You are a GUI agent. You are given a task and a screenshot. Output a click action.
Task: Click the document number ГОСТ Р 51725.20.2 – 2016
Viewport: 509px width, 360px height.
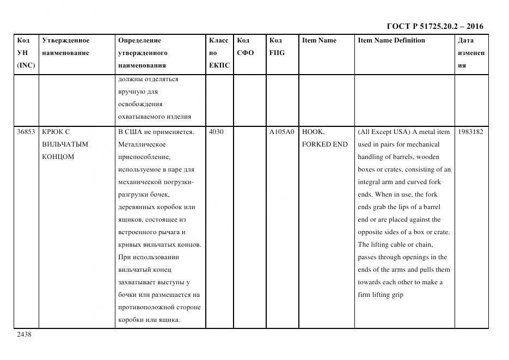tap(434, 27)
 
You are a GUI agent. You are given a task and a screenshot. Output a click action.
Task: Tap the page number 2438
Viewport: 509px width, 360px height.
tap(24, 334)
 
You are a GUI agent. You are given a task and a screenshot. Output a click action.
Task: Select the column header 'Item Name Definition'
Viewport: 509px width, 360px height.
tap(391, 40)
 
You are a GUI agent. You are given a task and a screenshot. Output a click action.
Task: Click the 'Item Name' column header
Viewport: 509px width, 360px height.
tap(319, 40)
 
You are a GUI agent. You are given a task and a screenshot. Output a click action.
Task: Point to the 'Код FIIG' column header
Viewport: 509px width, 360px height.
tap(277, 46)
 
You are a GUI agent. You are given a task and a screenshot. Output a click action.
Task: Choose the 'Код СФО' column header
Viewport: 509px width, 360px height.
tap(245, 46)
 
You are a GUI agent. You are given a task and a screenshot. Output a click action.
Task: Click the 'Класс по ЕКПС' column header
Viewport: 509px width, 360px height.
tap(219, 53)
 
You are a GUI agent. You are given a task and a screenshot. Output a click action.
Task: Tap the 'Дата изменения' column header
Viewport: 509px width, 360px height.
tap(470, 53)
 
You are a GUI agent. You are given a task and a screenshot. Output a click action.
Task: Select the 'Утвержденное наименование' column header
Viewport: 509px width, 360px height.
tap(65, 46)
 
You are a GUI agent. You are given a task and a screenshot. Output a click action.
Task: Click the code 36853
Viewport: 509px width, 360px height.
tap(26, 132)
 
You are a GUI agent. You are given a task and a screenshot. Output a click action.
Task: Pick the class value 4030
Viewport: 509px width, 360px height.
tap(217, 132)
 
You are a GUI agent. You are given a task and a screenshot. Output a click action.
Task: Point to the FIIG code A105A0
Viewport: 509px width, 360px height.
tap(281, 132)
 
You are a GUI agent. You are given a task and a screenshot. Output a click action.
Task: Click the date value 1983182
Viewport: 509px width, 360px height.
tap(470, 132)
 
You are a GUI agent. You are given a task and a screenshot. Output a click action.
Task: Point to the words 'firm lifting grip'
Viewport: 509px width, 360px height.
tap(381, 295)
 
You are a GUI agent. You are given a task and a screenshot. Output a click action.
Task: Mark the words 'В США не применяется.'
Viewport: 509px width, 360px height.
tap(156, 132)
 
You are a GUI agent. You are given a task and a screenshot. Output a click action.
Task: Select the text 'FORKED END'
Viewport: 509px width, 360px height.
tap(324, 144)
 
